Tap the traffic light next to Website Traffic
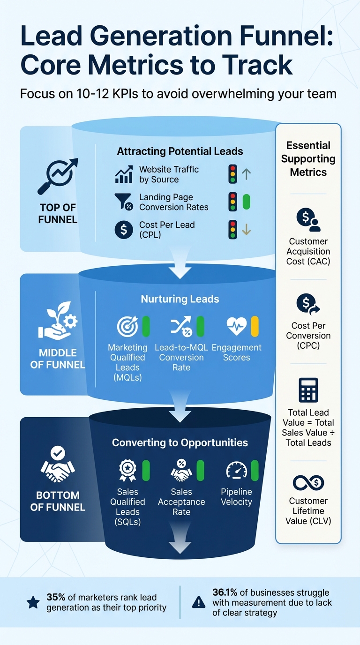232,174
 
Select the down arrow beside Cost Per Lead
247,230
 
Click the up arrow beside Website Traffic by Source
247,174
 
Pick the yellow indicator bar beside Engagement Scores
255,326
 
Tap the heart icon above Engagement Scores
236,326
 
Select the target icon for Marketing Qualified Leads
127,326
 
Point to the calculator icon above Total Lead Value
308,390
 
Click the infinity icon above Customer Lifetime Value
308,482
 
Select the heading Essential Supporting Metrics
308,159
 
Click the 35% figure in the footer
55,597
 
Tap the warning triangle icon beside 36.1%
199,602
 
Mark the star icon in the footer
33,602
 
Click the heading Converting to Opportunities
180,442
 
